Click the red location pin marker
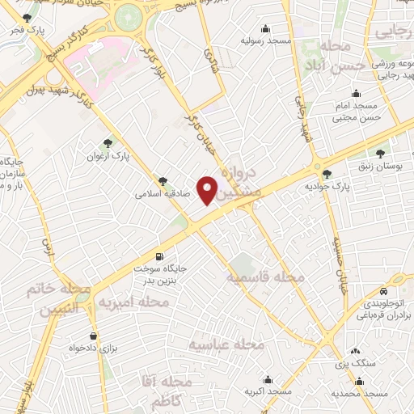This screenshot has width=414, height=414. [208, 190]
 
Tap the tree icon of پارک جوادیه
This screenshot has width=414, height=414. [327, 173]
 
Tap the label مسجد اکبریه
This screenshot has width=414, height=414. [267, 392]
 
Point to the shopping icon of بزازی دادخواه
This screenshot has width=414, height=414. [93, 335]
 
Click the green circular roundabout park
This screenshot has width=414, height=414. [127, 15]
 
